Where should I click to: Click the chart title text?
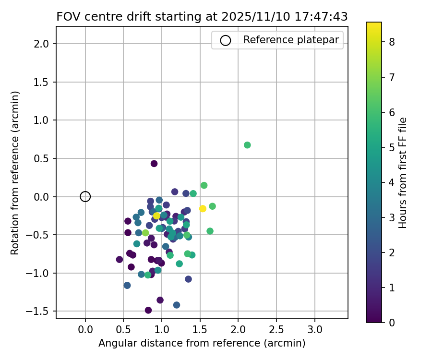click(202, 16)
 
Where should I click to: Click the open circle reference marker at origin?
click(85, 196)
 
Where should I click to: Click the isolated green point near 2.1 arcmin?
click(247, 145)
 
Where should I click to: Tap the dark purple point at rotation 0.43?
click(154, 164)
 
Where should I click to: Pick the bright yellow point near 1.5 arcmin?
click(203, 208)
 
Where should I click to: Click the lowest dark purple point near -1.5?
click(148, 310)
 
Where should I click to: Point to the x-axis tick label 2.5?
click(276, 331)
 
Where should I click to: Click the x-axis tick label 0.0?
click(85, 331)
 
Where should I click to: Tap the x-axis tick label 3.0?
click(315, 331)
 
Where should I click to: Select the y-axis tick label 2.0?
click(42, 44)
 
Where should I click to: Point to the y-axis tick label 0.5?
click(42, 158)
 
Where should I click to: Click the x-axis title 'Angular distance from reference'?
click(202, 344)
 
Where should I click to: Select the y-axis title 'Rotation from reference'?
click(15, 173)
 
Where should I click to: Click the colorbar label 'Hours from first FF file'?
click(403, 173)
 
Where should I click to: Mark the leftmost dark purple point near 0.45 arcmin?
click(120, 259)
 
